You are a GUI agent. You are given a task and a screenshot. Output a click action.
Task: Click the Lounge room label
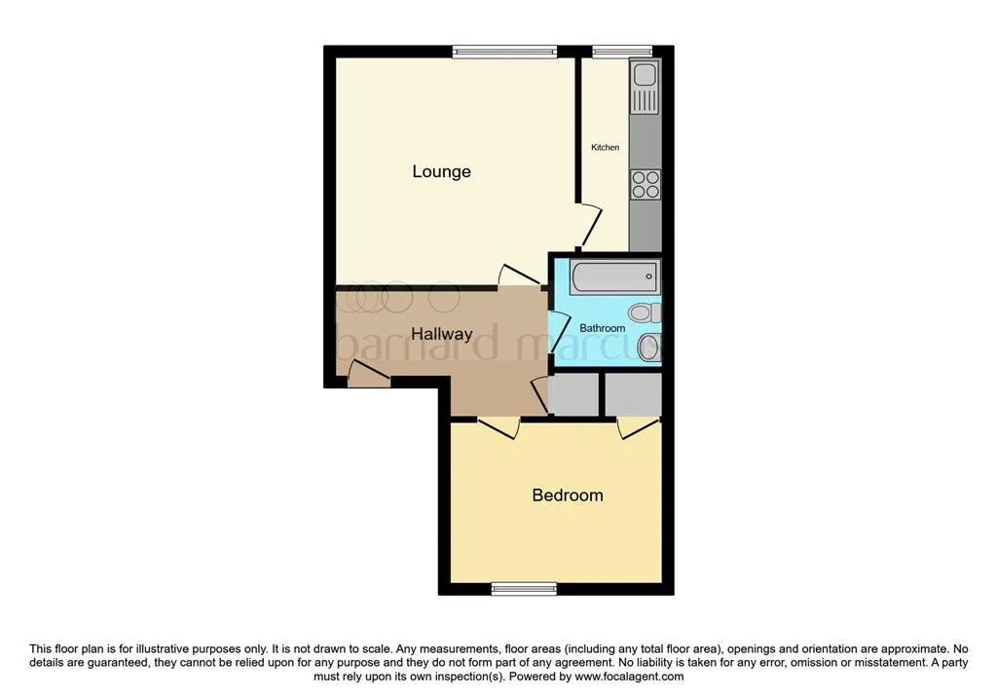(441, 171)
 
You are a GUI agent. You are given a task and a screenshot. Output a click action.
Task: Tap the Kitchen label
(606, 148)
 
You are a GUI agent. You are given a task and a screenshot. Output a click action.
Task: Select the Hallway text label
(442, 335)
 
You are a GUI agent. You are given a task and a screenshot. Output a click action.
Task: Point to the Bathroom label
(602, 328)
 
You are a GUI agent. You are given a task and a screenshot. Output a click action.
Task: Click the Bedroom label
(568, 495)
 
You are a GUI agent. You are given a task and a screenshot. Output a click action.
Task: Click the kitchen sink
(646, 86)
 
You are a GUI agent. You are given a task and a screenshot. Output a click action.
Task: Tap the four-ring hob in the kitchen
(646, 185)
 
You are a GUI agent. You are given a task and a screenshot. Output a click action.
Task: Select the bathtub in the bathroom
(615, 276)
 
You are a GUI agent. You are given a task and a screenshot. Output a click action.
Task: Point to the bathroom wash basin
(648, 348)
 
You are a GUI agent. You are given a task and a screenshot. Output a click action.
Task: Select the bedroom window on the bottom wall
(524, 590)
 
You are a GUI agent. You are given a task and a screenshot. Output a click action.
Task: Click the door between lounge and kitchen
(589, 227)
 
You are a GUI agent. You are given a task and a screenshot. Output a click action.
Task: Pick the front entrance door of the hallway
(369, 373)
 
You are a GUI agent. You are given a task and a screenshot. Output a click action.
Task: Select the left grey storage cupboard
(573, 395)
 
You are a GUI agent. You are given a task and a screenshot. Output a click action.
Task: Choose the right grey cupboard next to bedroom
(633, 395)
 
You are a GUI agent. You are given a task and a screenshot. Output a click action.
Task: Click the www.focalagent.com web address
(629, 677)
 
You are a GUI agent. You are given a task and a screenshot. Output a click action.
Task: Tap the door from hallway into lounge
(520, 276)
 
